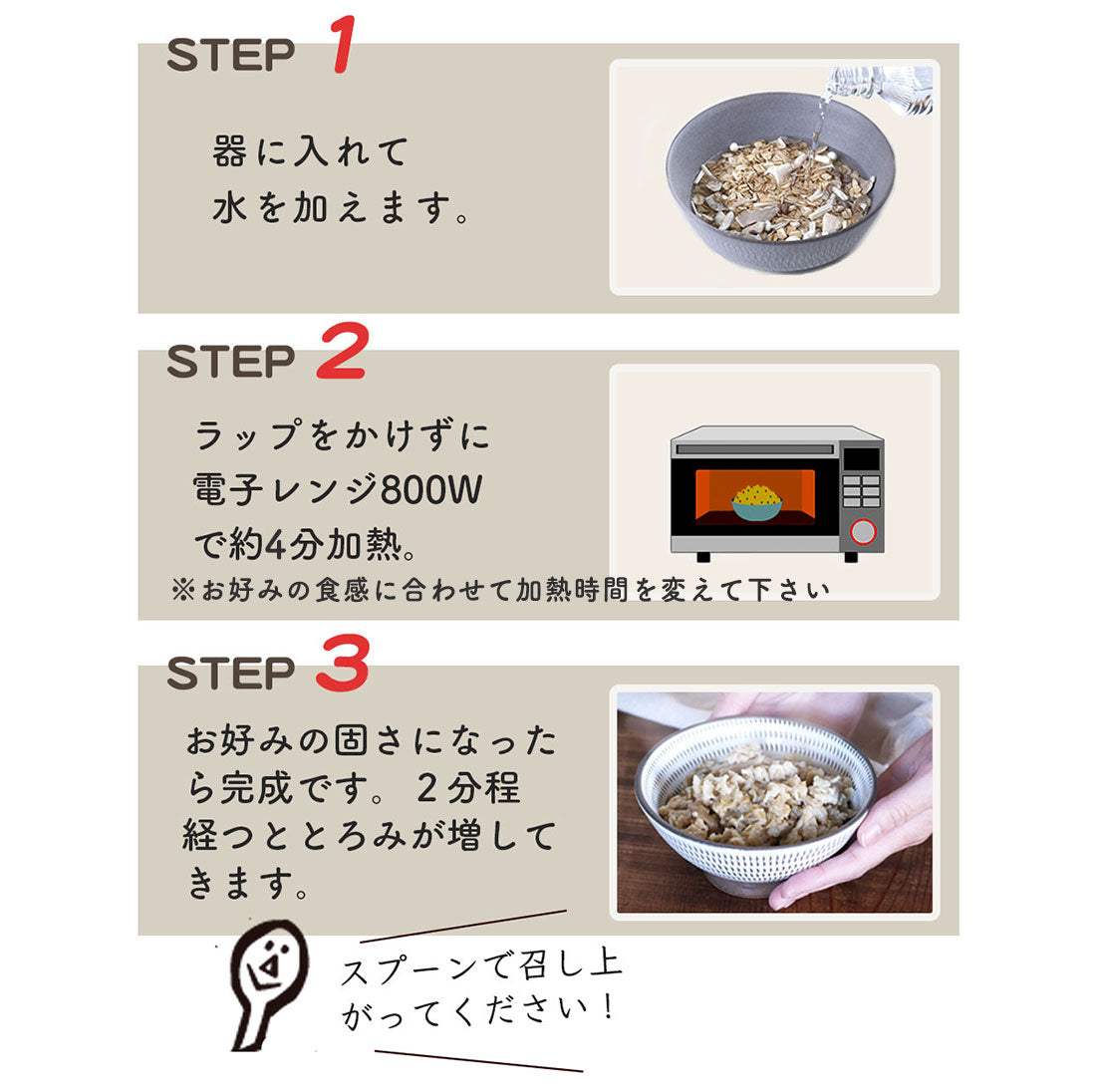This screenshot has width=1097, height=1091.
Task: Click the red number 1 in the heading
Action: tap(344, 44)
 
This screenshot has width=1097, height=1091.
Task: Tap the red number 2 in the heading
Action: tap(342, 351)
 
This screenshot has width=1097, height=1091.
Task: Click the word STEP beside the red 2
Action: tap(231, 362)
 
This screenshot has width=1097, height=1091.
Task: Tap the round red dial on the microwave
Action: tap(863, 532)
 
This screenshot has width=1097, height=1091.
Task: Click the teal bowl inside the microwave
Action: tap(756, 509)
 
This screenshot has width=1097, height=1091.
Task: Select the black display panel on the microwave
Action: tap(861, 459)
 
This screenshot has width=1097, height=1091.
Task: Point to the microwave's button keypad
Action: tap(861, 491)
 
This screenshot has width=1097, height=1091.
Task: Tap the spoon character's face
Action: tap(269, 962)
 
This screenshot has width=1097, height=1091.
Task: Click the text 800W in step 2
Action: tap(431, 489)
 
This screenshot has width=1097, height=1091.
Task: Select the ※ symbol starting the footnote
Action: tap(182, 590)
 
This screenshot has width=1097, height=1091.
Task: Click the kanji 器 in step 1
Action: tap(229, 151)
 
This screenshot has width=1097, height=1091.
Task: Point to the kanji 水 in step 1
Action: tap(229, 208)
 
